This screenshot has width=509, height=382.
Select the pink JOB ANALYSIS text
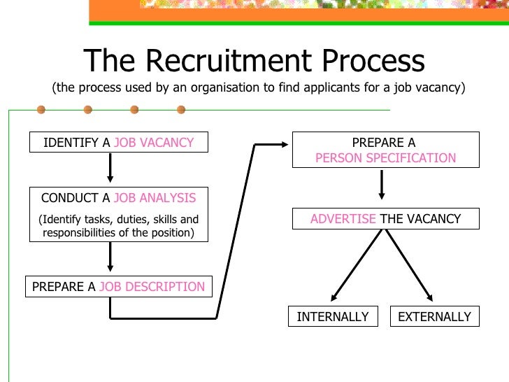(x=155, y=198)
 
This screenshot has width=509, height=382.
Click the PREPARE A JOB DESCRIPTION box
(x=118, y=287)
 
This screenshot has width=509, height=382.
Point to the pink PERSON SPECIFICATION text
(x=385, y=158)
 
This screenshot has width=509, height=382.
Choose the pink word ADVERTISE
(x=343, y=219)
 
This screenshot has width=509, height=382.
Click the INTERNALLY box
(x=333, y=317)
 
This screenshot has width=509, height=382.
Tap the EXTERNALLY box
(x=434, y=317)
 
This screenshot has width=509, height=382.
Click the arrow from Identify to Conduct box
(x=110, y=169)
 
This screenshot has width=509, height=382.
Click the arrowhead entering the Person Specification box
(x=283, y=145)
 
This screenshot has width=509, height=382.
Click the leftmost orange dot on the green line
(x=41, y=110)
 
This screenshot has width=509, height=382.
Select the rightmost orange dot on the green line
(x=181, y=110)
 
